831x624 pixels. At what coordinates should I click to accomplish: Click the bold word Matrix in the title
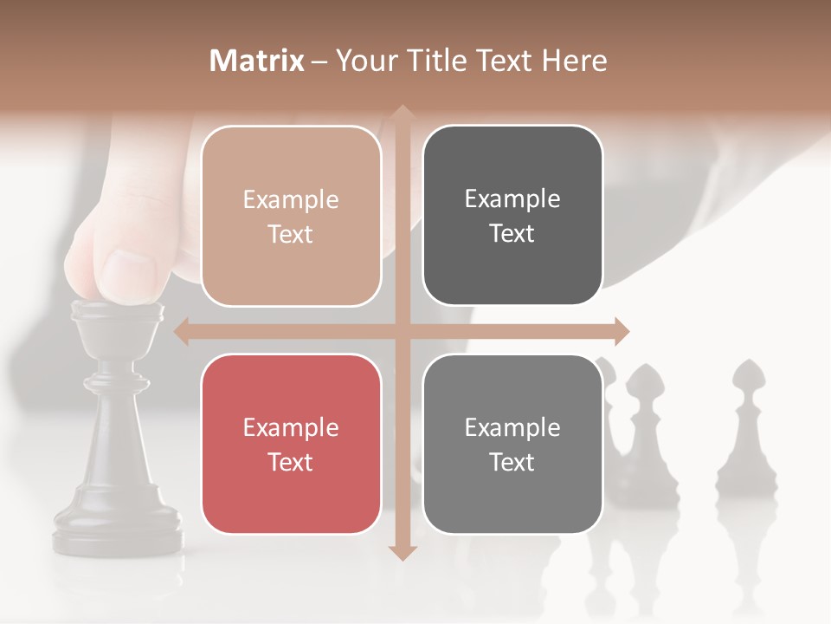tap(257, 61)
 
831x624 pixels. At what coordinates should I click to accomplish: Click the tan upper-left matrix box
tap(291, 216)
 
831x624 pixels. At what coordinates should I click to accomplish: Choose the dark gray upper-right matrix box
tap(512, 216)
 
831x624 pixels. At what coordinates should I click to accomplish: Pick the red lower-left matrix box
tap(291, 444)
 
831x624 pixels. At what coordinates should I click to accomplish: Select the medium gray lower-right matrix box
tap(512, 444)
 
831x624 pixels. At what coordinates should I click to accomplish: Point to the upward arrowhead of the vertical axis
tap(402, 114)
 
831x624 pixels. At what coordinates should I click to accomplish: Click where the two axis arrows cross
tap(402, 331)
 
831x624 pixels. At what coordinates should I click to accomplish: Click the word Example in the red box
tap(291, 427)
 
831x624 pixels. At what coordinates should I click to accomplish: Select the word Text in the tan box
tap(291, 234)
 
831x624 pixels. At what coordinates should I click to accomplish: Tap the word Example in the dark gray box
tap(512, 199)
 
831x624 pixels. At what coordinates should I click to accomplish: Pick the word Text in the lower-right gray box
tap(512, 462)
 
